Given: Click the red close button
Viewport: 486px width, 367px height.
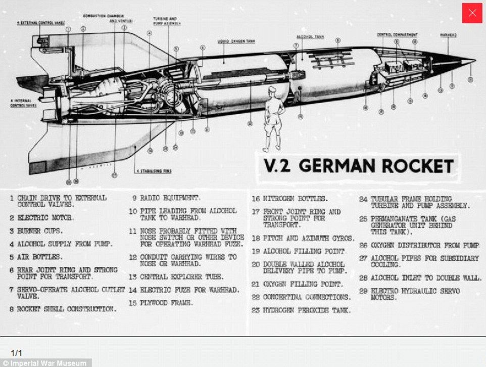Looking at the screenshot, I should tap(472, 13).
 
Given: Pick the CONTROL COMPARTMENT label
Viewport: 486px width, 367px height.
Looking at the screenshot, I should tap(397, 34).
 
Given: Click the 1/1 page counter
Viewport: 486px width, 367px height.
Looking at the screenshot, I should tap(17, 352).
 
